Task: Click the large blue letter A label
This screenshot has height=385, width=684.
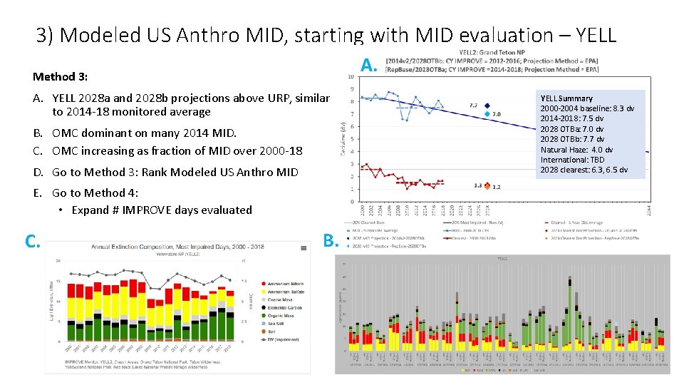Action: tap(368, 66)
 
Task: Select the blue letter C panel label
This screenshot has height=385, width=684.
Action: tap(32, 241)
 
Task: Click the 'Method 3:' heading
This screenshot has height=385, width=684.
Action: tap(61, 76)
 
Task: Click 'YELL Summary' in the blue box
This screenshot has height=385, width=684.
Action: tap(566, 98)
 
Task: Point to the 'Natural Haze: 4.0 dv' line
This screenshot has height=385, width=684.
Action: tap(576, 150)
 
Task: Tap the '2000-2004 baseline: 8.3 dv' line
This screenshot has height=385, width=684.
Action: tap(587, 108)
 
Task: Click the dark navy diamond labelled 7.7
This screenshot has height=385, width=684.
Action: tap(487, 106)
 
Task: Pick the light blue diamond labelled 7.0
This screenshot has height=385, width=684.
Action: tap(487, 114)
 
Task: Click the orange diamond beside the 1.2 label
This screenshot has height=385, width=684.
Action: tap(487, 186)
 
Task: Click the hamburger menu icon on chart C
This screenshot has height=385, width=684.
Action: tap(305, 246)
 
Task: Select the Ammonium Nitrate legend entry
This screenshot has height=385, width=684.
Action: tap(284, 283)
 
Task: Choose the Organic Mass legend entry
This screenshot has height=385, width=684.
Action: tap(280, 316)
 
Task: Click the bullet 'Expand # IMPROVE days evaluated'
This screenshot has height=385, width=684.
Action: tap(162, 210)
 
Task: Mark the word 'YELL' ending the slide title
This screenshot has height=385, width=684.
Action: tap(591, 35)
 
